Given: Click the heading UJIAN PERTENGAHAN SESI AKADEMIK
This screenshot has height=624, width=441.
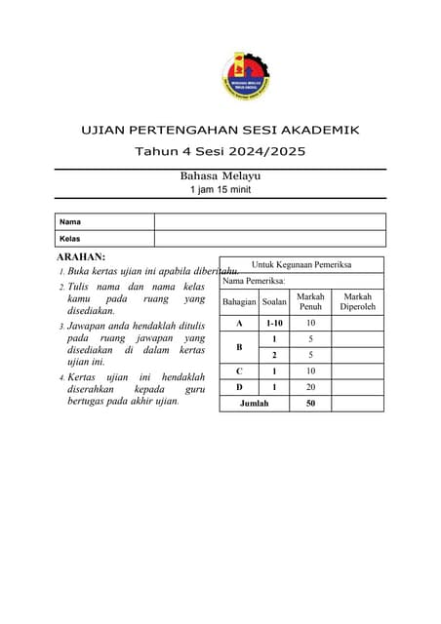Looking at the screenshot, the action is [220, 129].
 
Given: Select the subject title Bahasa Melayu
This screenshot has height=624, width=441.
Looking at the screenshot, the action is [220, 175].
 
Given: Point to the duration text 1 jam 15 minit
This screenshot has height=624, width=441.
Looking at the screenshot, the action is [220, 189].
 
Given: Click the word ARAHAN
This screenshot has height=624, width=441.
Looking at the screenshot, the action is [82, 256].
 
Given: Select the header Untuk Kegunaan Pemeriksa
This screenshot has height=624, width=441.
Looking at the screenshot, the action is [301, 264].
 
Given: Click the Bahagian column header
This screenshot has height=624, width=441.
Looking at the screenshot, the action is [239, 302].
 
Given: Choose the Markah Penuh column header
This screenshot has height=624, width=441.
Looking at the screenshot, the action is [310, 302].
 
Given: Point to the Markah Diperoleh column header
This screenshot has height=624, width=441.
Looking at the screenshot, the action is [358, 302].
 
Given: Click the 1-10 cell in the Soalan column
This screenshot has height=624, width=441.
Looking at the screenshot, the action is [275, 323].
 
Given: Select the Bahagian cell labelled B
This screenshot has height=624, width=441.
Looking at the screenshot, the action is [239, 346].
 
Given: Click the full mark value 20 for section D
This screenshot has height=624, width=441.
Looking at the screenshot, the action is [310, 387].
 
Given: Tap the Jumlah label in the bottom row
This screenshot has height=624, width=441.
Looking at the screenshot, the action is [255, 404].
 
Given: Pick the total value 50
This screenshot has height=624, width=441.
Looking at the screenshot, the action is [310, 404].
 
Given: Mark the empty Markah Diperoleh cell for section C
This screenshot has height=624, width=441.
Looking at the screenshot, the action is [358, 370].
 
